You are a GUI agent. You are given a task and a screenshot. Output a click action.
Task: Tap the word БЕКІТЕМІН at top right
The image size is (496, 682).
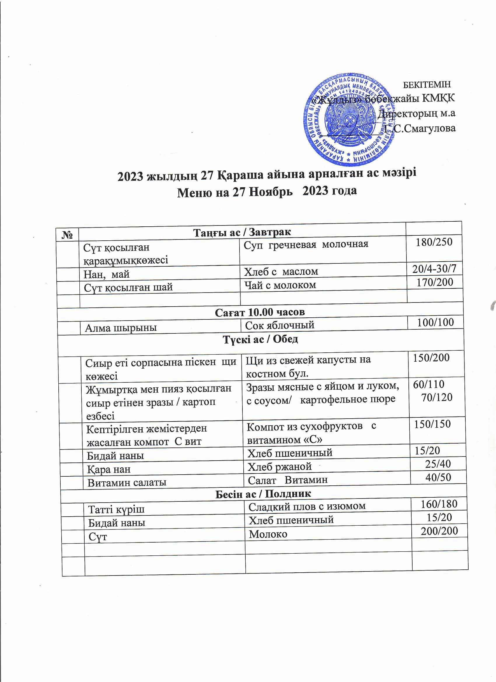[x=427, y=85]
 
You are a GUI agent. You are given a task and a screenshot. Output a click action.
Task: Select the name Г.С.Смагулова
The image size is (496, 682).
[x=420, y=129]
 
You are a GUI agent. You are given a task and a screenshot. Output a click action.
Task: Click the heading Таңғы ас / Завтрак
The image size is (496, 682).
[x=242, y=232]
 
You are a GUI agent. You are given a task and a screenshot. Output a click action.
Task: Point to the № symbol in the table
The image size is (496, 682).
[x=68, y=235]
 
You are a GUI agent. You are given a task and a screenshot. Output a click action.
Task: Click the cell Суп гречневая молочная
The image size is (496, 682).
[x=306, y=244]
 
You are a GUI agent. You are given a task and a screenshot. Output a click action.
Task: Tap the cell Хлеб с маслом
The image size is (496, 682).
[x=281, y=271]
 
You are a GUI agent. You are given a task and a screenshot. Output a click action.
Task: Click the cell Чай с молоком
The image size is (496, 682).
[x=280, y=285]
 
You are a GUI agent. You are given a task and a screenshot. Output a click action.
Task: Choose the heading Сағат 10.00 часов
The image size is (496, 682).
[x=260, y=312]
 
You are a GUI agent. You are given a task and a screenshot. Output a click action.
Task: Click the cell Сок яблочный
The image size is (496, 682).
[x=280, y=325]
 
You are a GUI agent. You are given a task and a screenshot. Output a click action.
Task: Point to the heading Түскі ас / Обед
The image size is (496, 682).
[x=260, y=339]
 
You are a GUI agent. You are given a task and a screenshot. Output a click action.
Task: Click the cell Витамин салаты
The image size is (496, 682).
[x=127, y=482]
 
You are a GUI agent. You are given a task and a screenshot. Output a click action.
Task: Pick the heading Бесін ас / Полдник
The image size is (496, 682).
[x=263, y=494]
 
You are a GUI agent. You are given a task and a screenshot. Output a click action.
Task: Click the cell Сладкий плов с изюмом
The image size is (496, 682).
[x=307, y=506]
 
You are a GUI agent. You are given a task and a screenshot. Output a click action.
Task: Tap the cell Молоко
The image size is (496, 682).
[x=268, y=534]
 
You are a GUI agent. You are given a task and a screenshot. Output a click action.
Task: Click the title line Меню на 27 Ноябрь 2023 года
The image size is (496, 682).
[x=267, y=191]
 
